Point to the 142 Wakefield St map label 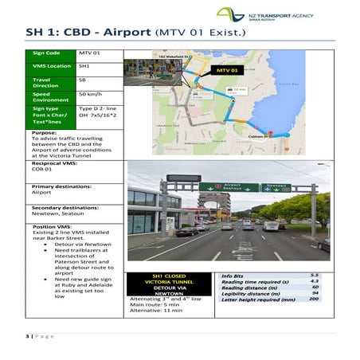(x=172, y=57)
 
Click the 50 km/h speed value (x=89, y=95)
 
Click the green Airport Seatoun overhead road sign (x=231, y=188)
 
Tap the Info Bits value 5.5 (x=315, y=275)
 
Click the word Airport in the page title (x=121, y=33)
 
